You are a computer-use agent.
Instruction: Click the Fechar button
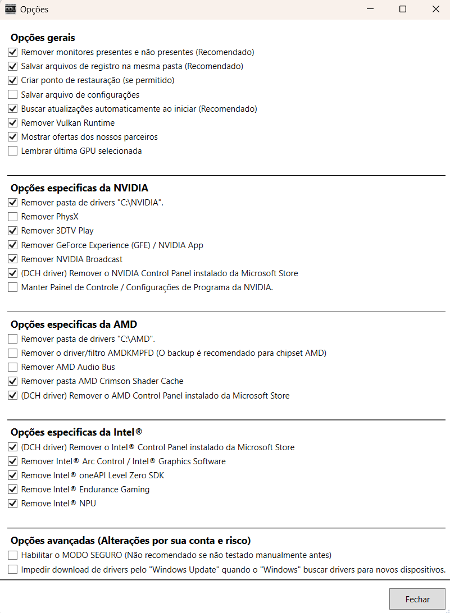coord(417,599)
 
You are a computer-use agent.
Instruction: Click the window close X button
coord(435,10)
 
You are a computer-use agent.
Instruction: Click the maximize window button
coord(403,10)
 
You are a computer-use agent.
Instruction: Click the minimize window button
coord(370,10)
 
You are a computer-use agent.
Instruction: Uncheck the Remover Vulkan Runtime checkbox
coord(13,123)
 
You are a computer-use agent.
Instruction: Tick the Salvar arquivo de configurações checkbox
coord(13,95)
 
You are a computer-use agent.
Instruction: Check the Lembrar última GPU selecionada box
coord(13,151)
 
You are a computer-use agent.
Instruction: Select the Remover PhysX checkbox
coord(13,217)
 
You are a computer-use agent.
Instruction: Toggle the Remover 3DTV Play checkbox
coord(13,231)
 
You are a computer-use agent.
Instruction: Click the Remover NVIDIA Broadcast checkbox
coord(13,259)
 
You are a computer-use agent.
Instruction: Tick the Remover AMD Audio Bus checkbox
coord(13,367)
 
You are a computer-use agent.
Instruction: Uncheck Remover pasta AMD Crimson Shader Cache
coord(13,381)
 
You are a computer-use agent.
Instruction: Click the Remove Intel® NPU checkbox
coord(13,504)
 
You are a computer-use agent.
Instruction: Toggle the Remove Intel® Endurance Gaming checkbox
coord(13,490)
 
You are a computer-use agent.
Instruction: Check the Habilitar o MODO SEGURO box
coord(13,555)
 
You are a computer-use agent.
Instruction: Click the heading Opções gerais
coord(43,38)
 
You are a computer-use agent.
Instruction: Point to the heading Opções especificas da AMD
coord(74,324)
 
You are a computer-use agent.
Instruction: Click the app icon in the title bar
coord(10,9)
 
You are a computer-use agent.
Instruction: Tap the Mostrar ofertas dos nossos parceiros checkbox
coord(13,137)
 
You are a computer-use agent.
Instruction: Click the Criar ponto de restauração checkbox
coord(13,80)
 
